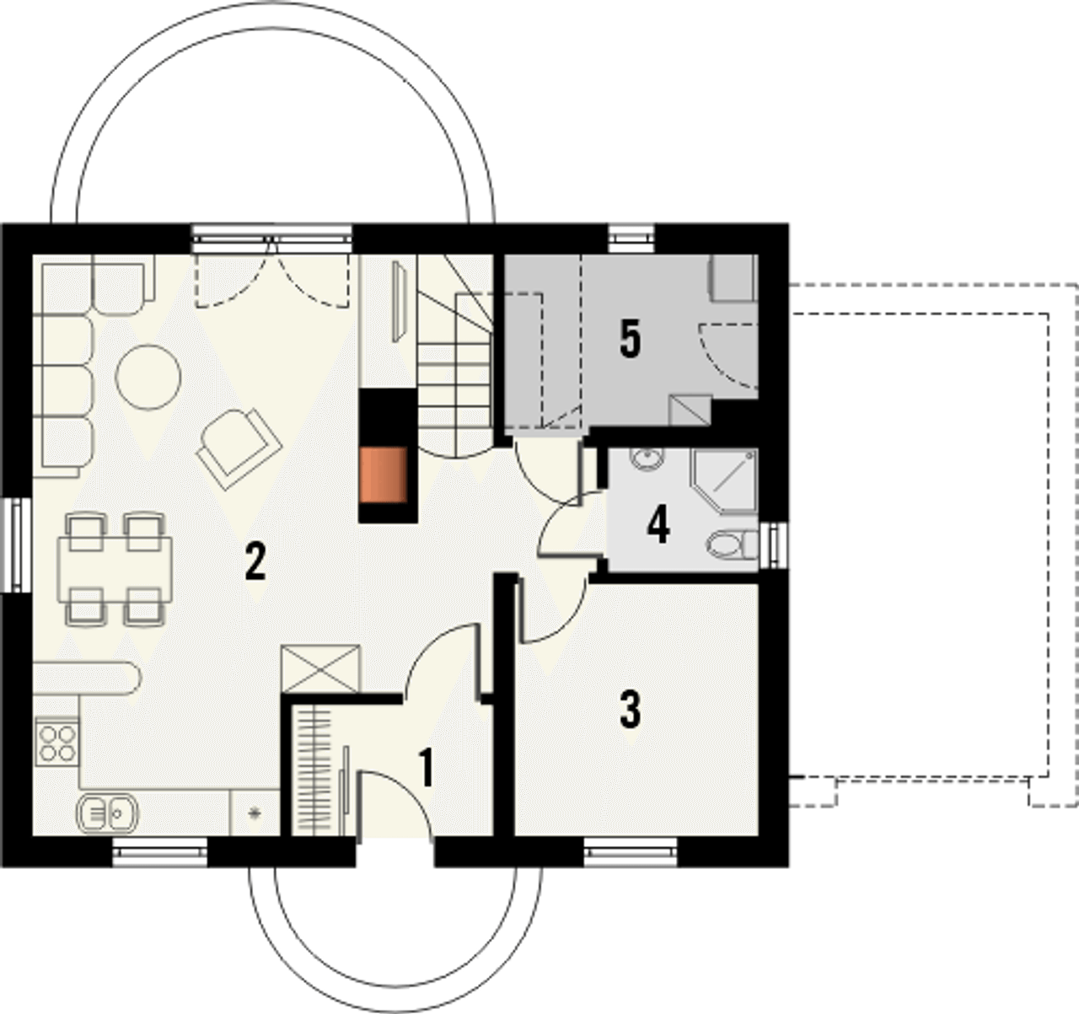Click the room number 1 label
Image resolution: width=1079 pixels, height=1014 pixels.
point(427,768)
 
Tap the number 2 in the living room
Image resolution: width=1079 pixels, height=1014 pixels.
point(255,561)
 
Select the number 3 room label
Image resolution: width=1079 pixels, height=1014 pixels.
point(631,709)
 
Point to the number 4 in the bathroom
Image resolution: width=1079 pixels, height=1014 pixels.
point(658,524)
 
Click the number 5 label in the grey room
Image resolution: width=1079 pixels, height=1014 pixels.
point(631,339)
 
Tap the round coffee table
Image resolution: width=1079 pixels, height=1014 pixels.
point(148,377)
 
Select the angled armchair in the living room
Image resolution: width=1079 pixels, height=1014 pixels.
point(239,449)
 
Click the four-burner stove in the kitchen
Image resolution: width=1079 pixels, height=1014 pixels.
point(56,743)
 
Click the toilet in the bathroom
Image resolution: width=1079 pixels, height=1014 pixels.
point(733,545)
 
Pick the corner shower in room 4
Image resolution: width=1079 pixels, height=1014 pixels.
point(723,481)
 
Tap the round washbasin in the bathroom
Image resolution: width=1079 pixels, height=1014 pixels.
point(647,458)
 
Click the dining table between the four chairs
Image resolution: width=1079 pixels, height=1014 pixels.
point(115,570)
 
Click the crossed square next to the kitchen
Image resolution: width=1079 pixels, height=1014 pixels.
point(320,669)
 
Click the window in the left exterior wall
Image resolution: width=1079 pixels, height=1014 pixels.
point(16,545)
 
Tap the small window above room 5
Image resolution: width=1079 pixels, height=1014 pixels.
point(631,238)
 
